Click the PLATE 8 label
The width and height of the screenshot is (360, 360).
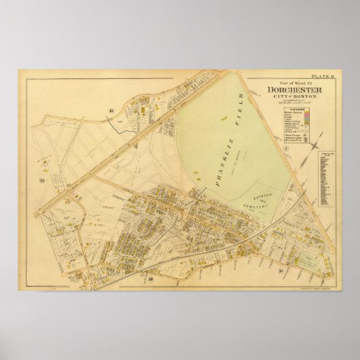(x=319, y=77)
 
